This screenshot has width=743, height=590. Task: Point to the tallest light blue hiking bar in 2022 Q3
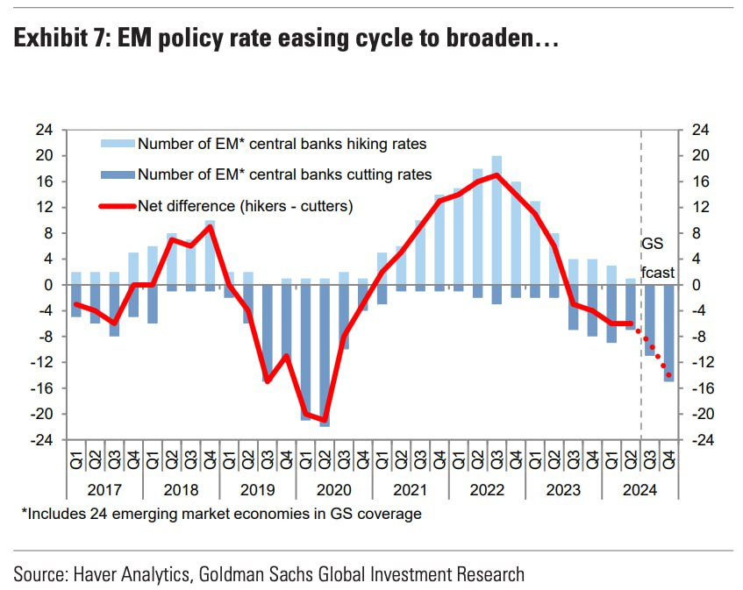[x=497, y=219]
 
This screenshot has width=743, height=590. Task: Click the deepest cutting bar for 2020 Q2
[x=325, y=355]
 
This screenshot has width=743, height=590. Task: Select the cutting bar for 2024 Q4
[x=668, y=333]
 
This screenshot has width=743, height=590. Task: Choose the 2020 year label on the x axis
[x=334, y=489]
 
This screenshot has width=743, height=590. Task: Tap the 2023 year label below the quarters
[x=563, y=489]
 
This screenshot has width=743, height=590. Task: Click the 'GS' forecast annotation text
[x=653, y=243]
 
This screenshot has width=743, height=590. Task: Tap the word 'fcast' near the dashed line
[x=658, y=273]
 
